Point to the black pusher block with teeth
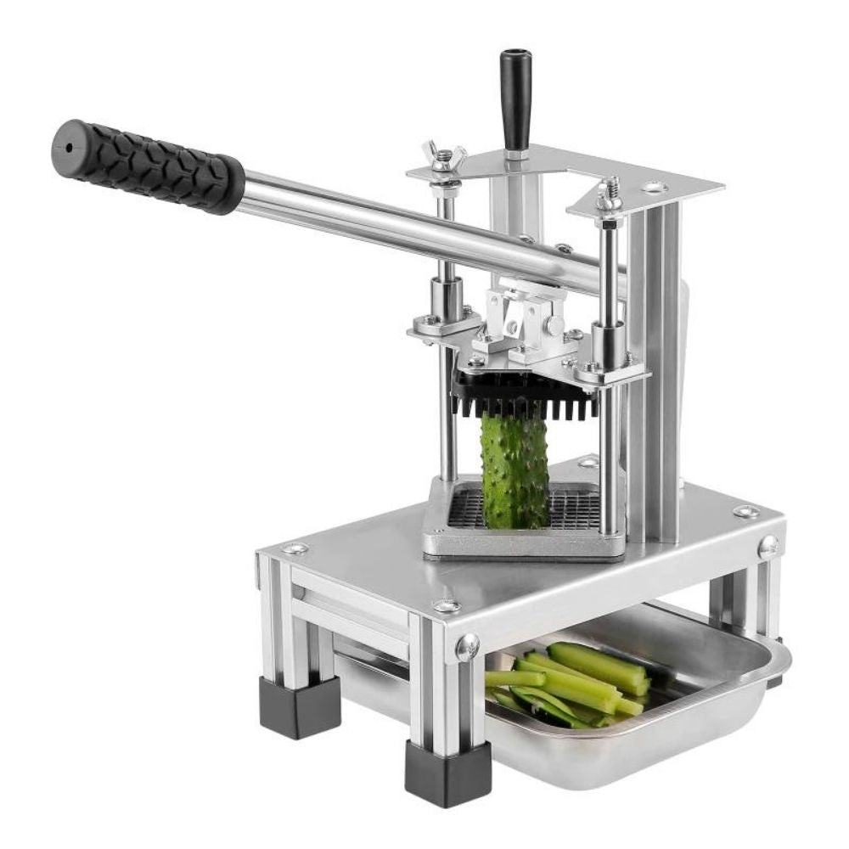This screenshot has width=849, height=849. (526, 395)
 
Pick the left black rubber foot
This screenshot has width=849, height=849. (297, 705)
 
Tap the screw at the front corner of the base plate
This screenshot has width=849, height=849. (447, 605)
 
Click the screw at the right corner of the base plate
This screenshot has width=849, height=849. (746, 512)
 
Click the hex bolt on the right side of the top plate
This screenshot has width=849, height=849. (609, 194)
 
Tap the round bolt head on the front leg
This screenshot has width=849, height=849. (468, 647)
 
